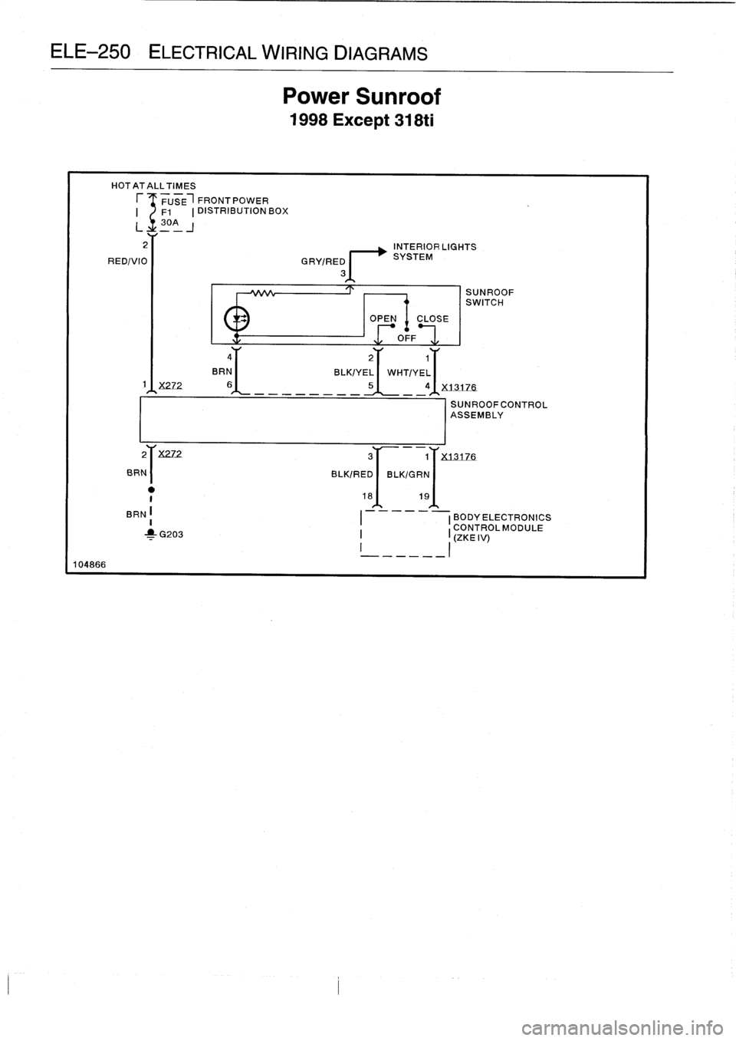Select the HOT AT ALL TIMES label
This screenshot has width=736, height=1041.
point(153,186)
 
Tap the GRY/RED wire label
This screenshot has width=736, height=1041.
point(320,261)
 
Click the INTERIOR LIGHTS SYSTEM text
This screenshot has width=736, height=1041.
point(434,252)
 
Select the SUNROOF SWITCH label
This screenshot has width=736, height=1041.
point(490,298)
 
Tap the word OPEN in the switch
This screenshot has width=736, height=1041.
point(383,319)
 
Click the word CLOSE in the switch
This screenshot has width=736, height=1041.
point(432,319)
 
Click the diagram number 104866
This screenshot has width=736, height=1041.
point(90,564)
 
